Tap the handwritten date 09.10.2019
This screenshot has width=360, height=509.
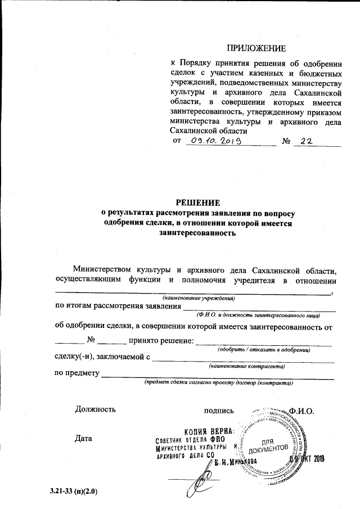pos(216,143)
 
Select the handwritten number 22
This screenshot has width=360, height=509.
pos(307,143)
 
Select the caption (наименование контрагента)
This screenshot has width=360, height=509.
pos(246,366)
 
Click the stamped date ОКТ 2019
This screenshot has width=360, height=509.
pos(312,458)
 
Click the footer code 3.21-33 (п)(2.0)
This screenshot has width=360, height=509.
pos(74,493)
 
